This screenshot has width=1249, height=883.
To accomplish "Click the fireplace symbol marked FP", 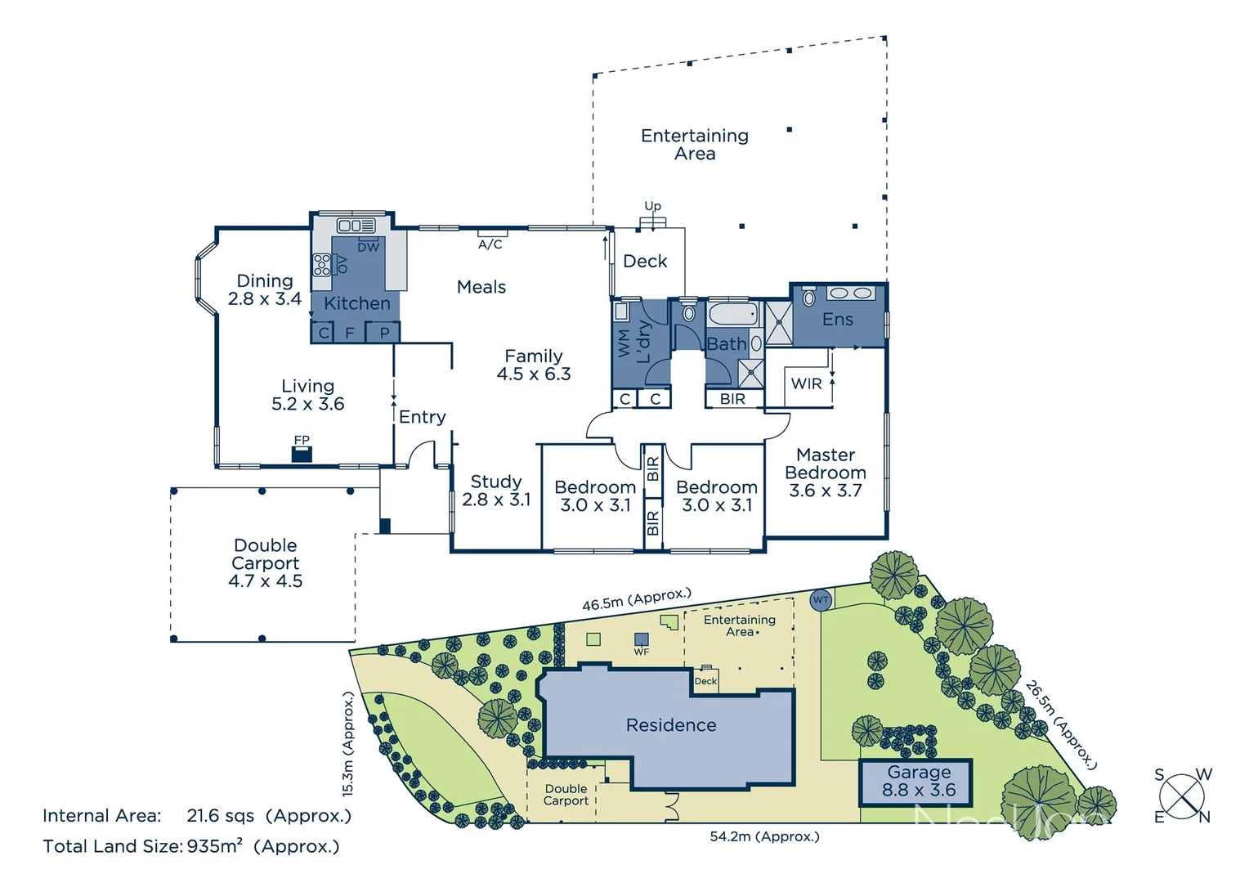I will click(x=302, y=454).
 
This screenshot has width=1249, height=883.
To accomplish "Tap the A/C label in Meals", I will click(x=490, y=244).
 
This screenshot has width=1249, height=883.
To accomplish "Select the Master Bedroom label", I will click(x=826, y=473).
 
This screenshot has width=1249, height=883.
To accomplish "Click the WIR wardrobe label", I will click(x=806, y=383).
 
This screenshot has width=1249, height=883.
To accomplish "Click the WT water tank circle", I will click(x=821, y=600).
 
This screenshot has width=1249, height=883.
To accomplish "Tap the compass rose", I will click(x=1182, y=796).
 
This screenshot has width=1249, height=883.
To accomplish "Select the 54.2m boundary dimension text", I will click(x=764, y=836).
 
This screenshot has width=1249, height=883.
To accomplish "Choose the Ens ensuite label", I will click(x=838, y=320).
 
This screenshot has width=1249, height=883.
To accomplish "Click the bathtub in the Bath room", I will click(x=734, y=314).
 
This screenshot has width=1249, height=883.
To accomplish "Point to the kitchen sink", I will click(x=356, y=225).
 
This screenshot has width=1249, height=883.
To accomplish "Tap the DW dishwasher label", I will click(x=369, y=247).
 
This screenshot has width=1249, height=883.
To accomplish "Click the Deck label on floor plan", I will click(x=645, y=262).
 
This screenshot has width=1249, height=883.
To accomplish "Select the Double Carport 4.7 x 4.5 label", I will click(x=266, y=563).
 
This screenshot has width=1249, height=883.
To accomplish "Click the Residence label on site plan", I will click(x=671, y=725).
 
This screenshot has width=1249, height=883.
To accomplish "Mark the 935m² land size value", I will click(x=215, y=846).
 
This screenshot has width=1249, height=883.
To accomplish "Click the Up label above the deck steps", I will click(x=652, y=206).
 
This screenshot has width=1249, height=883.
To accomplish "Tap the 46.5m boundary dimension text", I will click(x=636, y=599).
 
